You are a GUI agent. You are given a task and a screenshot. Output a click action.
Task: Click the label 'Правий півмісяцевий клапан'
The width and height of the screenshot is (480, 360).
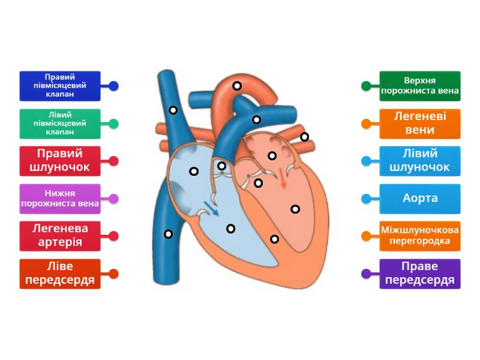tap(60, 86)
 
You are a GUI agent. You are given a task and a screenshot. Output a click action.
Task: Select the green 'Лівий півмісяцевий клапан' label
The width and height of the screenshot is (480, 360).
tap(60, 124)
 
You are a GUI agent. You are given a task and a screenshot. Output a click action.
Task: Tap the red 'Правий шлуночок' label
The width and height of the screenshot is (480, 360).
tap(60, 161)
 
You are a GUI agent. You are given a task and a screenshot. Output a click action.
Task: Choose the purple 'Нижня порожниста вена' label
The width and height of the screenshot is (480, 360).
tap(60, 199)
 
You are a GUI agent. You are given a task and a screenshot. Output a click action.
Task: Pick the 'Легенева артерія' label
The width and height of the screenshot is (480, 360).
tap(60, 236)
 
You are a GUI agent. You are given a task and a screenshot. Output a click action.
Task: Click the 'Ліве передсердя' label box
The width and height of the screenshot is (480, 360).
tap(60, 274)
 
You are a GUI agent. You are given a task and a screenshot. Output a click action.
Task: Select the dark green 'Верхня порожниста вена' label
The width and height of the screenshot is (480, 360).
tap(420, 86)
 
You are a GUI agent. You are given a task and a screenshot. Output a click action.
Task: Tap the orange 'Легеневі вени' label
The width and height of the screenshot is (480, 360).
tap(420, 124)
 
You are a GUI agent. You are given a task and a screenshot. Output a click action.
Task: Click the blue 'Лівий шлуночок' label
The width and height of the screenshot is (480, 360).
tap(420, 161)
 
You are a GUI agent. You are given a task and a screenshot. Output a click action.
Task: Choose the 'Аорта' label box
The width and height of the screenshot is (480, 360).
tap(420, 199)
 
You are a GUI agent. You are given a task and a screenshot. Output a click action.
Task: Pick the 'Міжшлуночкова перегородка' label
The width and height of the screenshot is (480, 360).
tap(420, 236)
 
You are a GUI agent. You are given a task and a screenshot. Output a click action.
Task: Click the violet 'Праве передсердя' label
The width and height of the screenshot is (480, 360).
tap(420, 274)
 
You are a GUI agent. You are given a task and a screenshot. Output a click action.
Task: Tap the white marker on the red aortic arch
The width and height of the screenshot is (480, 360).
tap(238, 86)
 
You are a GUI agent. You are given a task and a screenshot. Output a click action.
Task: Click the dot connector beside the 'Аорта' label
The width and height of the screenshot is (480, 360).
tap(366, 199)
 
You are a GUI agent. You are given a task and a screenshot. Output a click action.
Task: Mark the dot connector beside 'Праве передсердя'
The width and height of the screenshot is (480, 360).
tap(366, 274)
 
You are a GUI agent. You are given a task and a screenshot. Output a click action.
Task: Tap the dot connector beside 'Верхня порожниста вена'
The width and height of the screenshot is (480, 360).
tap(366, 86)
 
